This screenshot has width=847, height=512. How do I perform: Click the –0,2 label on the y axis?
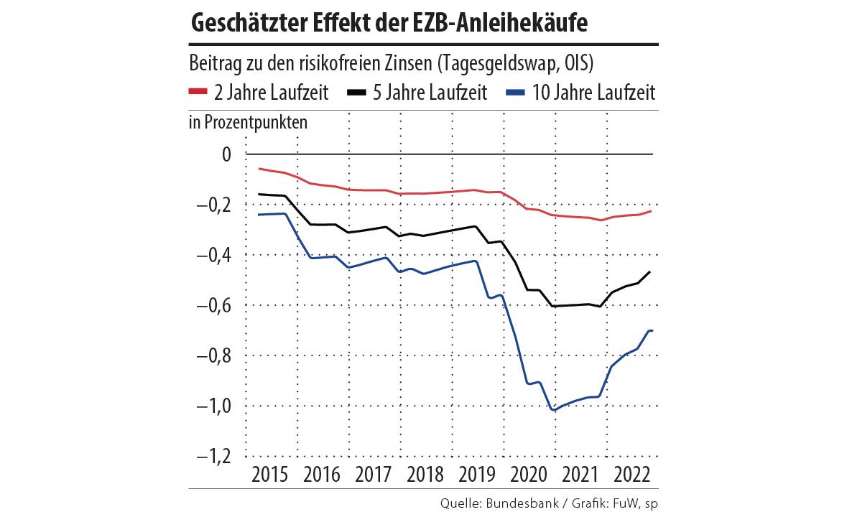coord(213,205)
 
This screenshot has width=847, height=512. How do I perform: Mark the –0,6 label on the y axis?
coord(213,306)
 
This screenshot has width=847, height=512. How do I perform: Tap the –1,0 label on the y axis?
coord(213,406)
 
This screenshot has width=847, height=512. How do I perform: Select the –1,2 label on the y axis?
coord(213,457)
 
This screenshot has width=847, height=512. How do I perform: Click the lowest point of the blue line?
coord(554,410)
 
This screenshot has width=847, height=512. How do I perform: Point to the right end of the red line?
coord(651,210)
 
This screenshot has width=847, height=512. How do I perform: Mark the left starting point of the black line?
coord(259,194)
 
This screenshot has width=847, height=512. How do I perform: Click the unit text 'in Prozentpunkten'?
coord(248,122)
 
